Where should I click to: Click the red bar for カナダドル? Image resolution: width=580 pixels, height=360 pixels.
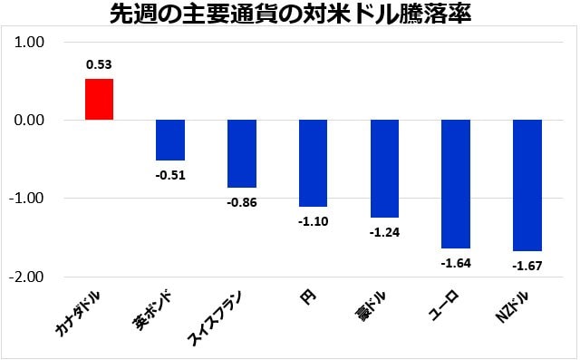pyautogui.click(x=99, y=99)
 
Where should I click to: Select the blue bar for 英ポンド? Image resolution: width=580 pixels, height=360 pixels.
pyautogui.click(x=170, y=140)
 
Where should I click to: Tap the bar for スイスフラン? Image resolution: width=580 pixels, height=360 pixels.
pyautogui.click(x=242, y=153)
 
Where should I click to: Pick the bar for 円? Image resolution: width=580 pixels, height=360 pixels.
pyautogui.click(x=313, y=163)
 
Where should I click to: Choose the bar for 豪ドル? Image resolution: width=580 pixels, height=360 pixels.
pyautogui.click(x=384, y=169)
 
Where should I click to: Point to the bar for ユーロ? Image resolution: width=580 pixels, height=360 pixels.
pyautogui.click(x=456, y=184)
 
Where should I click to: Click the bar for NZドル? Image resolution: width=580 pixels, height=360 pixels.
pyautogui.click(x=527, y=185)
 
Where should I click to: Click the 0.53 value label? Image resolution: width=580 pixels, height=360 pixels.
pyautogui.click(x=99, y=64)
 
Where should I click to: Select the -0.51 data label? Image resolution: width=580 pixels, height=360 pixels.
pyautogui.click(x=170, y=175)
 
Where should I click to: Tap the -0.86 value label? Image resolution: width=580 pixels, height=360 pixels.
pyautogui.click(x=242, y=202)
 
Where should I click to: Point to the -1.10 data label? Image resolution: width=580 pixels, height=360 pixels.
pyautogui.click(x=313, y=221)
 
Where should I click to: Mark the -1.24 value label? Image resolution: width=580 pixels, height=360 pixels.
pyautogui.click(x=384, y=232)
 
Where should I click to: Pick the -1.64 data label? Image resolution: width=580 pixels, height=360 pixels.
pyautogui.click(x=456, y=263)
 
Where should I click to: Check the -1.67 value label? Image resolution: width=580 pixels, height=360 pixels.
pyautogui.click(x=527, y=266)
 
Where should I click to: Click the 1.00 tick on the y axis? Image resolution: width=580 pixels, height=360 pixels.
pyautogui.click(x=34, y=42)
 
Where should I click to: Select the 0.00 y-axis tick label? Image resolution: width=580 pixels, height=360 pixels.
pyautogui.click(x=34, y=120)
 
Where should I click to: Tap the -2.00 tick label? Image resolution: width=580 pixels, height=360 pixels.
pyautogui.click(x=32, y=277)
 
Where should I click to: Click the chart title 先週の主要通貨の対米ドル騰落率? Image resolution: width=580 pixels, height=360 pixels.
pyautogui.click(x=290, y=15)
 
